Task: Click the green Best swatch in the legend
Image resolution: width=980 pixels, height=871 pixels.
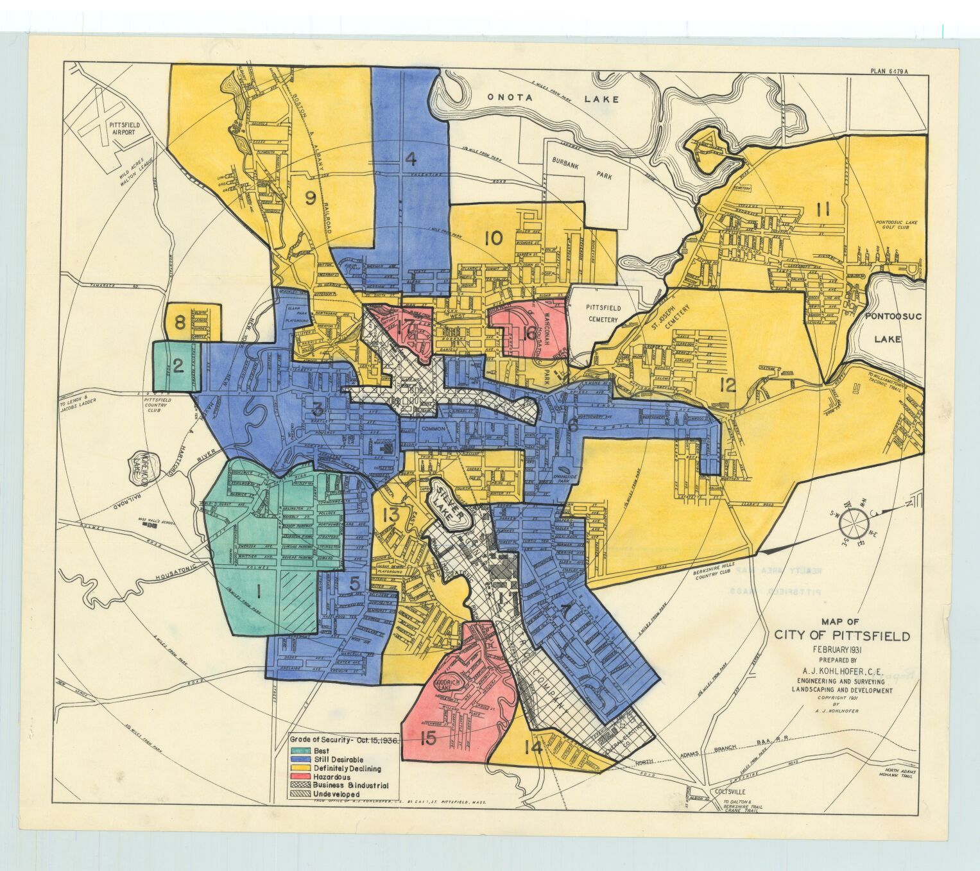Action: [300, 751]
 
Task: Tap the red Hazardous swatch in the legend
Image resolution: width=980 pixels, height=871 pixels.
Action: [300, 777]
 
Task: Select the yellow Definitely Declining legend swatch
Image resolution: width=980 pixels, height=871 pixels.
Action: [300, 768]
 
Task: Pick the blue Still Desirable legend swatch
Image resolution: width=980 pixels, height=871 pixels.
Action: [300, 760]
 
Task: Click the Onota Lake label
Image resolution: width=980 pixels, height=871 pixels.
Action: [552, 99]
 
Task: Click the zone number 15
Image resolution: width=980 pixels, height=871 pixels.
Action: [428, 739]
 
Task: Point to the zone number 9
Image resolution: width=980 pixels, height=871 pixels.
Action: [310, 199]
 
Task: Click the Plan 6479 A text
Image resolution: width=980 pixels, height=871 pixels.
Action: [889, 72]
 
